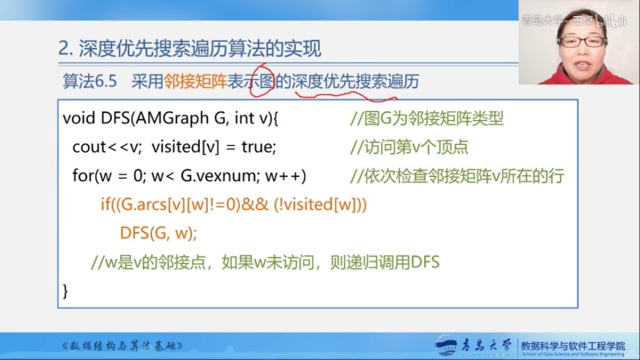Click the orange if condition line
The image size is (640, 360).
tap(233, 204)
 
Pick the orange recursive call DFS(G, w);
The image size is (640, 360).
tap(157, 233)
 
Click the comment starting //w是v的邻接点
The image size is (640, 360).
tap(266, 262)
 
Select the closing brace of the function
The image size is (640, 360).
tap(66, 291)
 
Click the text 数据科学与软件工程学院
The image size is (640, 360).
tap(572, 342)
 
